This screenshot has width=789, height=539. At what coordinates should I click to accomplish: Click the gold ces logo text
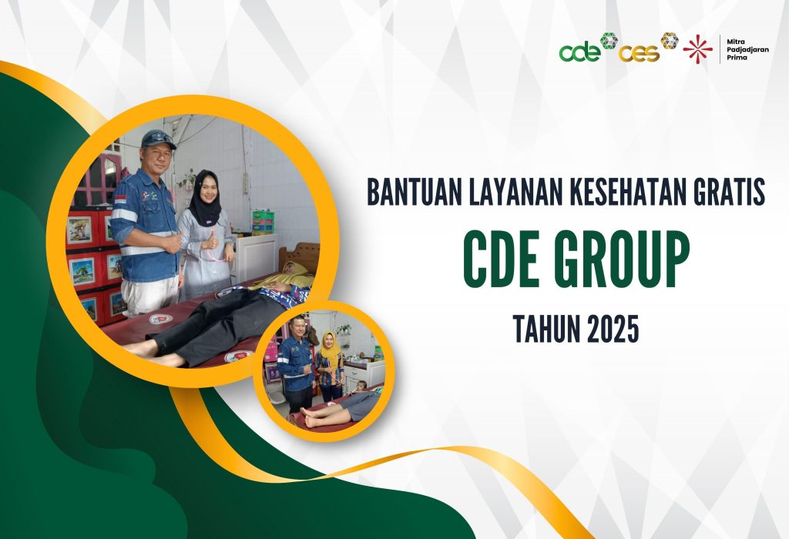point(639,53)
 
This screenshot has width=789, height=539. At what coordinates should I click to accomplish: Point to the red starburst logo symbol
point(697,49)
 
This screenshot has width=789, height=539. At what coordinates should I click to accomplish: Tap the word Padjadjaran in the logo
point(747,50)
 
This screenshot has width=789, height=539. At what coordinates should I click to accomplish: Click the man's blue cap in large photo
point(159,139)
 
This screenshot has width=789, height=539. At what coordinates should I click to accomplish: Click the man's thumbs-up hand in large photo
point(173,242)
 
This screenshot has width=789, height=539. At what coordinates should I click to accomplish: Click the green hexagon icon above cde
point(609,40)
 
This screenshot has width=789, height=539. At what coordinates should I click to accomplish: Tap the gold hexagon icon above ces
point(670,40)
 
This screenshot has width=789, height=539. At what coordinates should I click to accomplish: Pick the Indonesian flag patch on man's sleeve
point(121,199)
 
